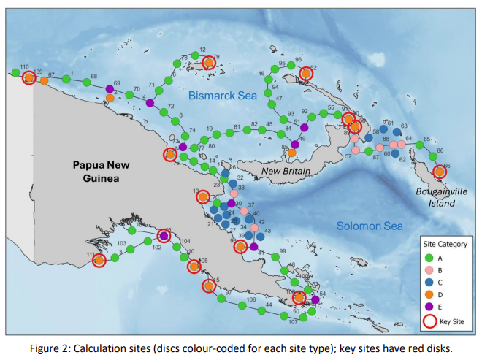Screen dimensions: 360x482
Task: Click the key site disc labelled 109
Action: pos(28,78)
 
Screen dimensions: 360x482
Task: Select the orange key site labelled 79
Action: pos(208,63)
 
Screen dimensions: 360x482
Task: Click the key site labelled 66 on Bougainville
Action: pos(439,172)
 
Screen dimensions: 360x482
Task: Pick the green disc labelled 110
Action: pos(15,72)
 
